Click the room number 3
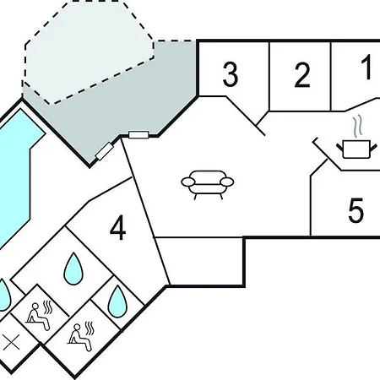click(231, 74)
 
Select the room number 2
click(302, 75)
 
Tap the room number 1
click(367, 68)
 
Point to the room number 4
click(118, 228)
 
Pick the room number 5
click(356, 210)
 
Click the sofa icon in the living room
click(208, 184)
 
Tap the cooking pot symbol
click(356, 149)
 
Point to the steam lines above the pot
click(357, 127)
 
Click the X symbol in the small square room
click(12, 342)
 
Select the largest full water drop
click(73, 269)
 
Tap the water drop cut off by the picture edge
click(4, 295)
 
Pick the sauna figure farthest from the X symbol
click(81, 337)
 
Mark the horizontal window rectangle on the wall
click(138, 135)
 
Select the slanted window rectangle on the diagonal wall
click(104, 151)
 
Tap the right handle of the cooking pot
click(373, 147)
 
